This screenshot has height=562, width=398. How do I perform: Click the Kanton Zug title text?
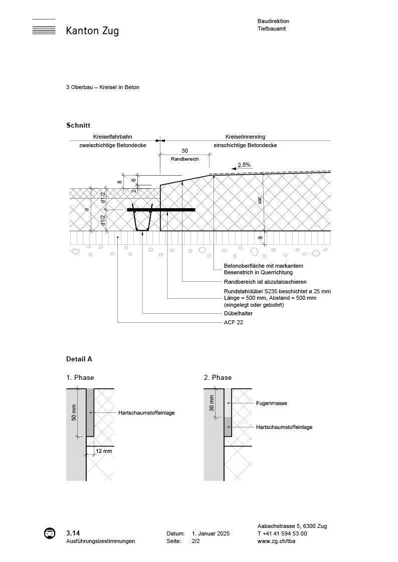point(92,31)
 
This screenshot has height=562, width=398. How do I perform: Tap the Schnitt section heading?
point(78,125)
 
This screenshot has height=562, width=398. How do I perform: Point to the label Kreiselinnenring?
point(245,137)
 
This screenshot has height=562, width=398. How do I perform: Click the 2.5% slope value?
point(244,165)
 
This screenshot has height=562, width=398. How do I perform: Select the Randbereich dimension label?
point(184,159)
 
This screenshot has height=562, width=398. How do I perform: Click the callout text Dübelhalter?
point(238,313)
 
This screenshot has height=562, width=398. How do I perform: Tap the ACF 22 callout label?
point(233,323)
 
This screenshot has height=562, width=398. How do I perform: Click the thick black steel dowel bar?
point(161,210)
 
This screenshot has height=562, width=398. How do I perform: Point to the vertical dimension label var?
point(260,200)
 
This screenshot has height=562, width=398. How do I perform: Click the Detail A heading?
point(79,359)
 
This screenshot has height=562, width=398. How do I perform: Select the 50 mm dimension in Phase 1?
point(74,412)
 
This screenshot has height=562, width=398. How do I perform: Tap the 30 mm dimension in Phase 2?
point(212,402)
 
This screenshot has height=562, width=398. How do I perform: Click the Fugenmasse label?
point(271,403)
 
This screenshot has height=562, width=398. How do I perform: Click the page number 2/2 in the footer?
point(195,541)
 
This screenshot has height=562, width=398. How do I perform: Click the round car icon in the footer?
point(49,533)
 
